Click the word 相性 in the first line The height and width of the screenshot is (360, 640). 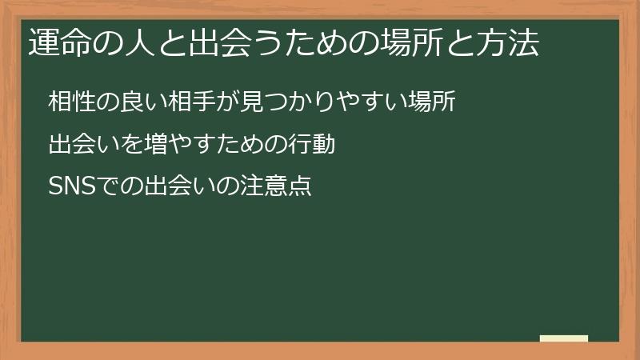tap(70, 103)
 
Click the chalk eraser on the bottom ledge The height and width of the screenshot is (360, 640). tap(563, 338)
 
